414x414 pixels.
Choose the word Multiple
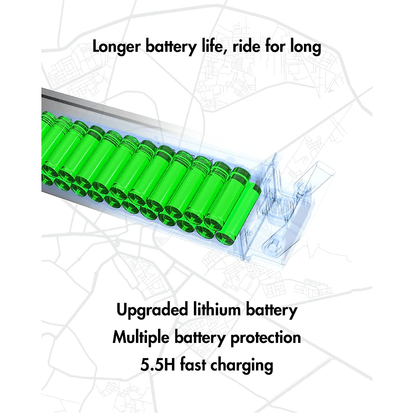[141, 337]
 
